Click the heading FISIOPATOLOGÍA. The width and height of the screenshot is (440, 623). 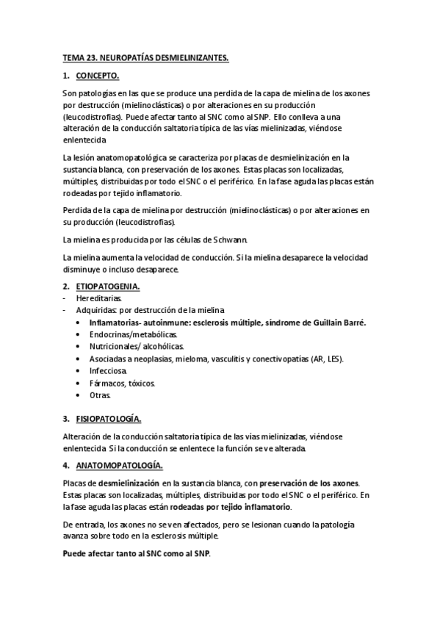(x=108, y=418)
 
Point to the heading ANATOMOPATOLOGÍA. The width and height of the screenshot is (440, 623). (x=119, y=466)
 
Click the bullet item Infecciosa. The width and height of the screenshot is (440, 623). (x=108, y=370)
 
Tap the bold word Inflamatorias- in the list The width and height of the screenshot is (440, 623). (x=116, y=322)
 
